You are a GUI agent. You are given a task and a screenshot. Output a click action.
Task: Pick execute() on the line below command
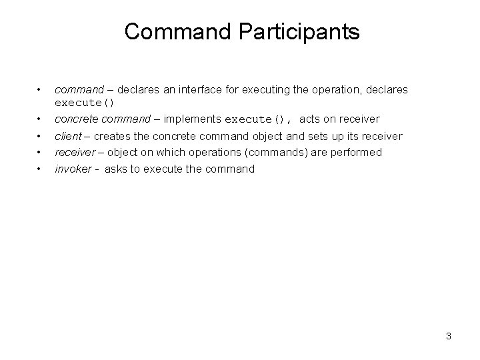85,102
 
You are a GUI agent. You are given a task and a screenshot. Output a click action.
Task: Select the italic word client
67,136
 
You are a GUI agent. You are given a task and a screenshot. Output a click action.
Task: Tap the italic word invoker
73,169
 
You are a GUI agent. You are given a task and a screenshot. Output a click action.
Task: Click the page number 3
449,336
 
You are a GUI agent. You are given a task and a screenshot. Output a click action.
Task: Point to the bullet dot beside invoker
40,169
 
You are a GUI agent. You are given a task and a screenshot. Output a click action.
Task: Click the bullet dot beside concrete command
40,119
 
